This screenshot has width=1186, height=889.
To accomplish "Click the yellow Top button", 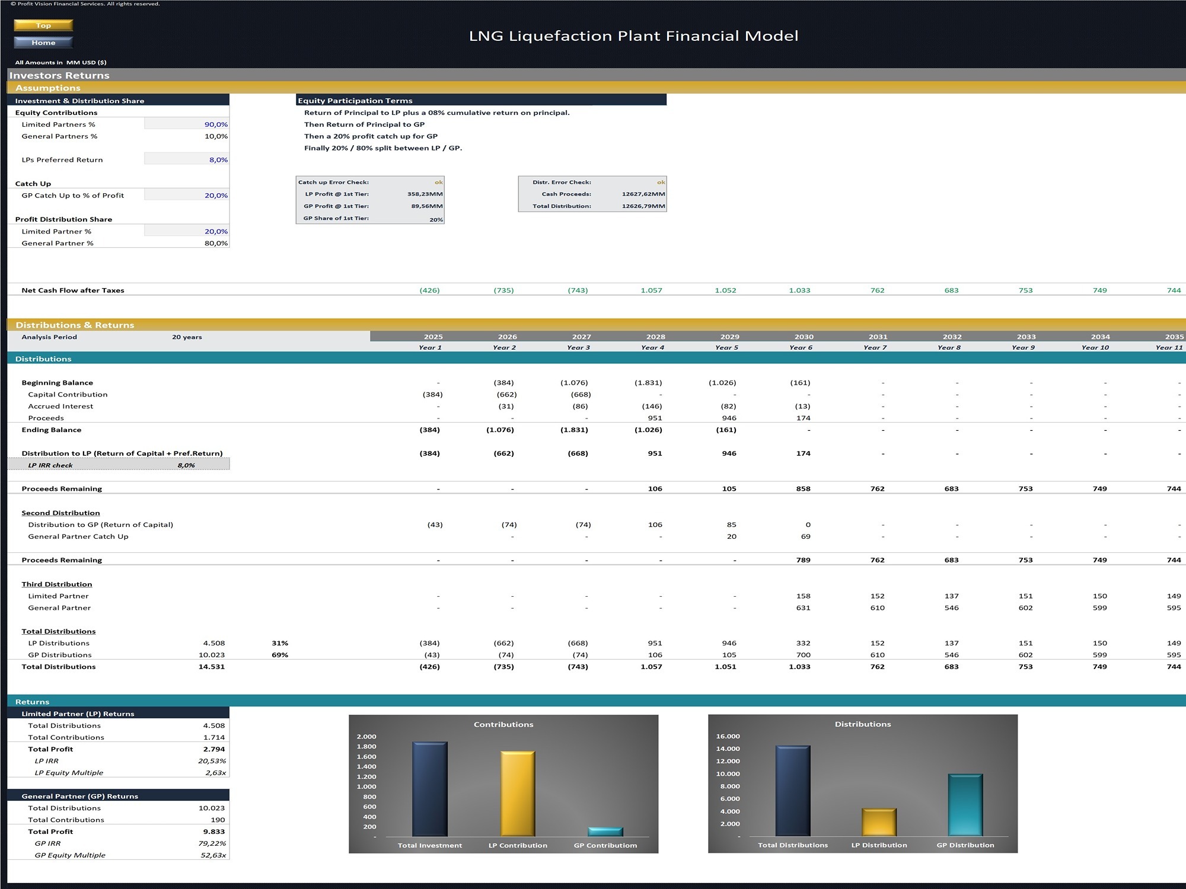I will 43,25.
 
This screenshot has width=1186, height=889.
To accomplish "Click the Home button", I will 43,42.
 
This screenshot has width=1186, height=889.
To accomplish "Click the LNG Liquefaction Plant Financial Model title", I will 633,36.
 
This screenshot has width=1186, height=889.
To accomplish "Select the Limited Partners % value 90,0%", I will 216,124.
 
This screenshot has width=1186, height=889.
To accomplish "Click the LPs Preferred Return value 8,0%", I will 218,160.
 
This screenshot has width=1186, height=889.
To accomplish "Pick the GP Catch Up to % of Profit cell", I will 216,196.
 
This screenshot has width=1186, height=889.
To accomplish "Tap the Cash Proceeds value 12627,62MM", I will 643,194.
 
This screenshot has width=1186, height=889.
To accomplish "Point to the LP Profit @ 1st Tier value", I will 425,194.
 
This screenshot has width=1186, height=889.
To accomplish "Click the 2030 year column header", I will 804,337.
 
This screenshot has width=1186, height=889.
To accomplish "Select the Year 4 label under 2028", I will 652,348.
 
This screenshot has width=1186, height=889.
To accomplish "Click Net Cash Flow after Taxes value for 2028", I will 651,290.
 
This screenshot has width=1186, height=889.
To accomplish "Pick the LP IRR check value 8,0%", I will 186,465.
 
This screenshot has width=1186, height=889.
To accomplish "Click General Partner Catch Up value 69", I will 805,536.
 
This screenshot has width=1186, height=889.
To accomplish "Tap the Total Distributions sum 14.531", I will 211,667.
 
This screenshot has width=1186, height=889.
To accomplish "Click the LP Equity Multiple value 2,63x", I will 215,773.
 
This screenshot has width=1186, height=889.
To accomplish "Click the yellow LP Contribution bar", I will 518,794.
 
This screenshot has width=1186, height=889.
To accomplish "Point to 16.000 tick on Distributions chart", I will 728,737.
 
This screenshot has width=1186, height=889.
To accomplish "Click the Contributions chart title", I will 503,724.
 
